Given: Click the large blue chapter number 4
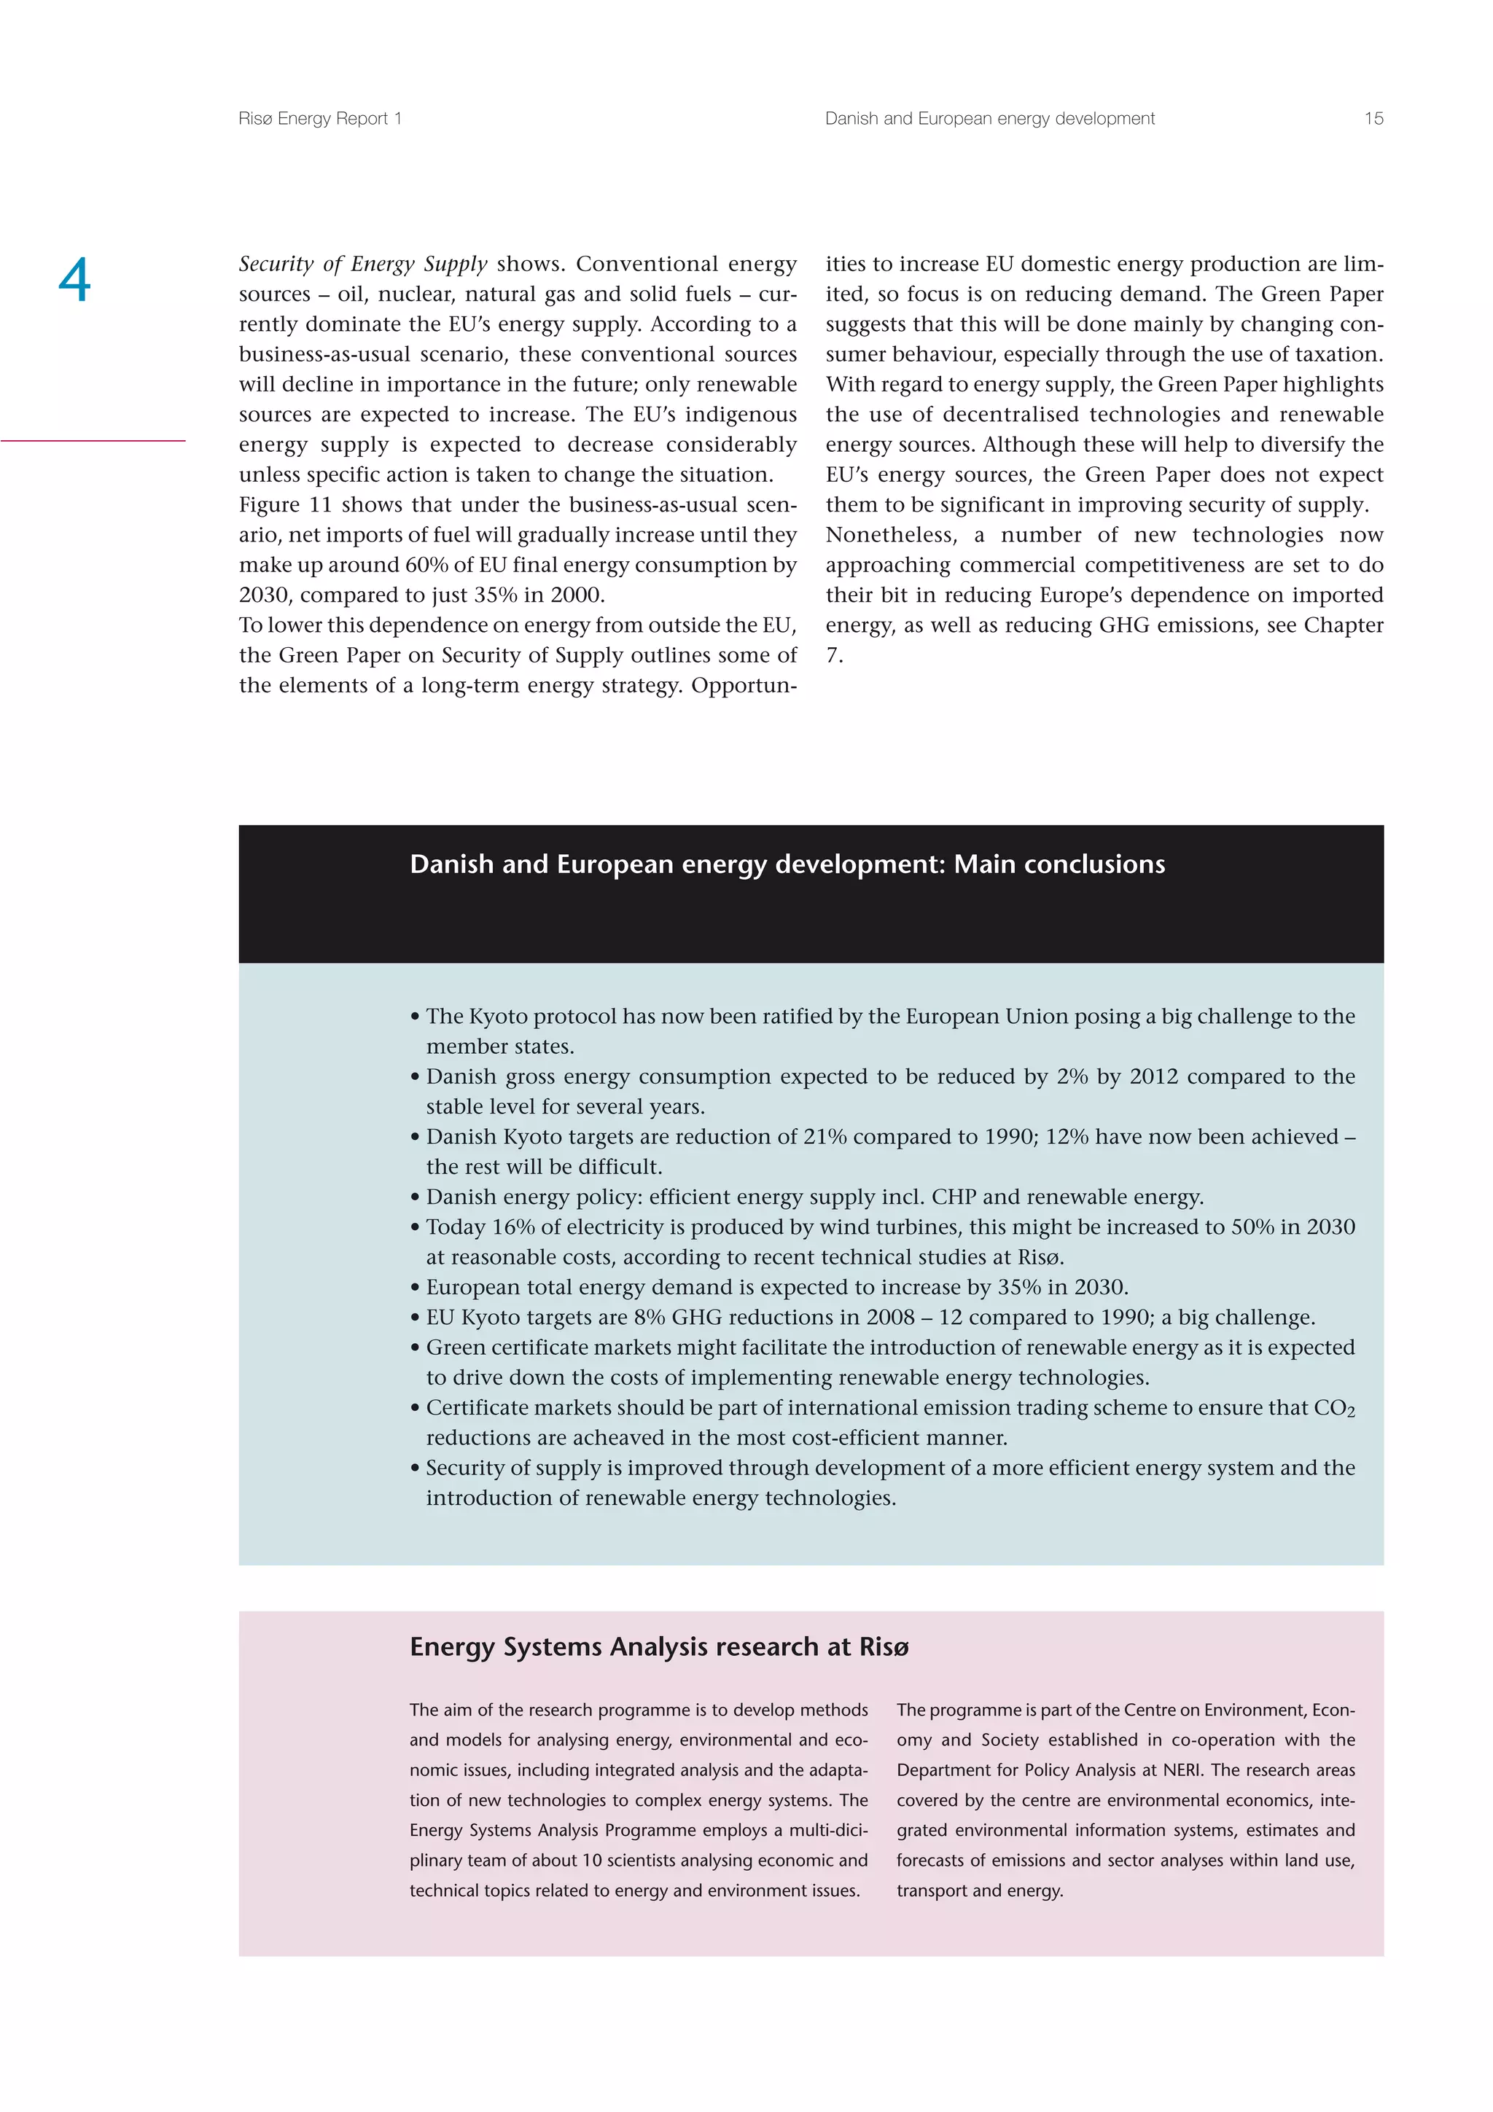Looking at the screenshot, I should pyautogui.click(x=74, y=280).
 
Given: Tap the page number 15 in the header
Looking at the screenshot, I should pyautogui.click(x=1373, y=119).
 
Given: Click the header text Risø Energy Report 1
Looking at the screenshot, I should pyautogui.click(x=319, y=119).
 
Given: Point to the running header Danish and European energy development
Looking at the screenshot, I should pyautogui.click(x=989, y=119).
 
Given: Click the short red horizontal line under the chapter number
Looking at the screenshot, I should pyautogui.click(x=92, y=441).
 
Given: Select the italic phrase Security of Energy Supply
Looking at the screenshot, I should pyautogui.click(x=362, y=264).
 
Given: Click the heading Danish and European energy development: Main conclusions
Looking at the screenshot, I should pyautogui.click(x=787, y=864).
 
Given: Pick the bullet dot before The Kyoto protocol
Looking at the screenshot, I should pyautogui.click(x=416, y=1017).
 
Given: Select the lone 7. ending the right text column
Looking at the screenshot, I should pyautogui.click(x=833, y=656).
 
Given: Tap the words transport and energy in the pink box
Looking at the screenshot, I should pyautogui.click(x=979, y=1890).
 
